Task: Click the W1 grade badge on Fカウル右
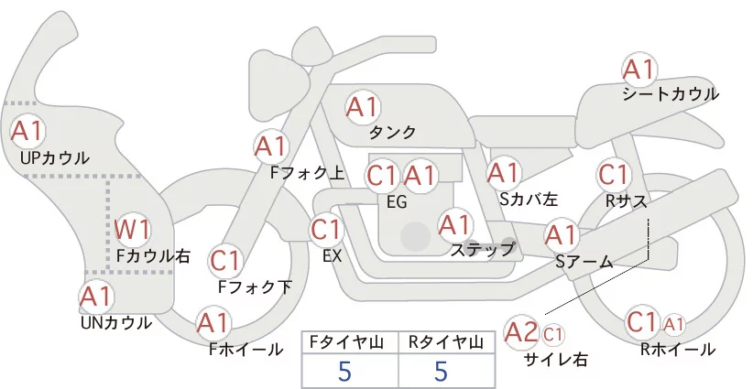pyautogui.click(x=132, y=231)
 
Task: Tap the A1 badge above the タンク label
pyautogui.click(x=363, y=107)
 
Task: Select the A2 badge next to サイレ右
pyautogui.click(x=521, y=332)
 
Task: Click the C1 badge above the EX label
pyautogui.click(x=326, y=230)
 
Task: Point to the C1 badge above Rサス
pyautogui.click(x=614, y=175)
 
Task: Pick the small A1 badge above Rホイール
pyautogui.click(x=674, y=325)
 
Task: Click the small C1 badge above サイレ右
pyautogui.click(x=552, y=334)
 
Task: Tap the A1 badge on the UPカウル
pyautogui.click(x=27, y=131)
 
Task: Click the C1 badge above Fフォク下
pyautogui.click(x=224, y=262)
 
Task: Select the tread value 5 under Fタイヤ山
pyautogui.click(x=344, y=371)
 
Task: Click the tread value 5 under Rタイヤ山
pyautogui.click(x=441, y=371)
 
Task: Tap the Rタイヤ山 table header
pyautogui.click(x=446, y=342)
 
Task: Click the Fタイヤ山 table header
pyautogui.click(x=346, y=342)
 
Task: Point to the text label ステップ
pyautogui.click(x=482, y=250)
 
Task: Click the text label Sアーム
pyautogui.click(x=584, y=262)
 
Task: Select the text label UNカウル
pyautogui.click(x=116, y=323)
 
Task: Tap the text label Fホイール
pyautogui.click(x=246, y=350)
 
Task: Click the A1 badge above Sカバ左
pyautogui.click(x=504, y=173)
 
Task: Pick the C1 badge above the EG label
pyautogui.click(x=382, y=176)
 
